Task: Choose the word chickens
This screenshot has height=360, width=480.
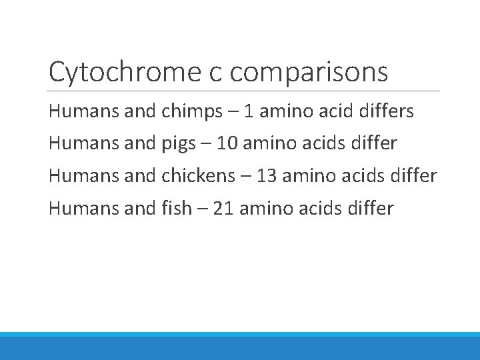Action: [199, 176]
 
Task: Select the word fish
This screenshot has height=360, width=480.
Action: [176, 209]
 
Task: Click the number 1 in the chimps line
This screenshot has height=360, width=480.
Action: [249, 111]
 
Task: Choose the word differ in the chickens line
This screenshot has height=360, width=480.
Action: [412, 176]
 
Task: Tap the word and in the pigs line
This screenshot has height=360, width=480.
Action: [141, 143]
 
